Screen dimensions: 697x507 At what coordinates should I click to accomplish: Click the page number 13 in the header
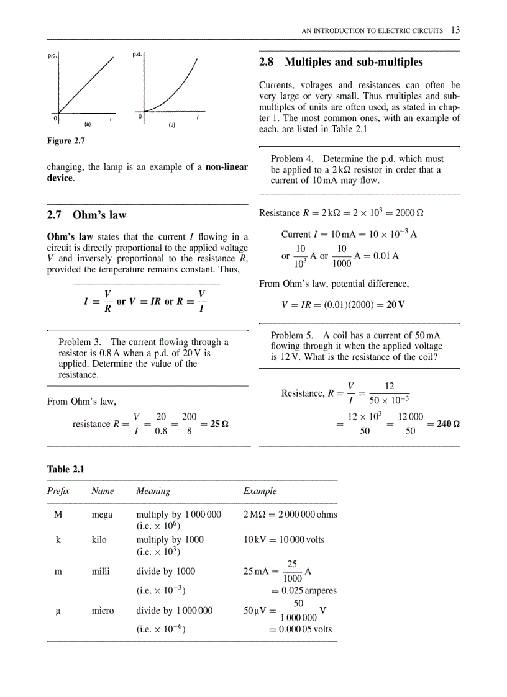click(455, 30)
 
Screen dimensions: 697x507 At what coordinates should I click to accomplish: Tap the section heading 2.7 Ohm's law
click(86, 215)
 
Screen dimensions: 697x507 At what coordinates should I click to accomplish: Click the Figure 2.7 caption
click(66, 141)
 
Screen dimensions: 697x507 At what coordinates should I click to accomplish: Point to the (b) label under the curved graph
click(172, 125)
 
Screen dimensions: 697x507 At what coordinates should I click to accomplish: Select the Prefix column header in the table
click(58, 491)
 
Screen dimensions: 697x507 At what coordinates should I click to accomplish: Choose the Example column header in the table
click(260, 491)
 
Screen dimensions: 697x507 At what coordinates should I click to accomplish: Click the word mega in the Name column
click(103, 515)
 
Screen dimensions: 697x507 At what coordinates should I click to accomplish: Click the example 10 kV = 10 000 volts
click(284, 540)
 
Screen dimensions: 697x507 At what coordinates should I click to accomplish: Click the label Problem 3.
click(81, 342)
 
